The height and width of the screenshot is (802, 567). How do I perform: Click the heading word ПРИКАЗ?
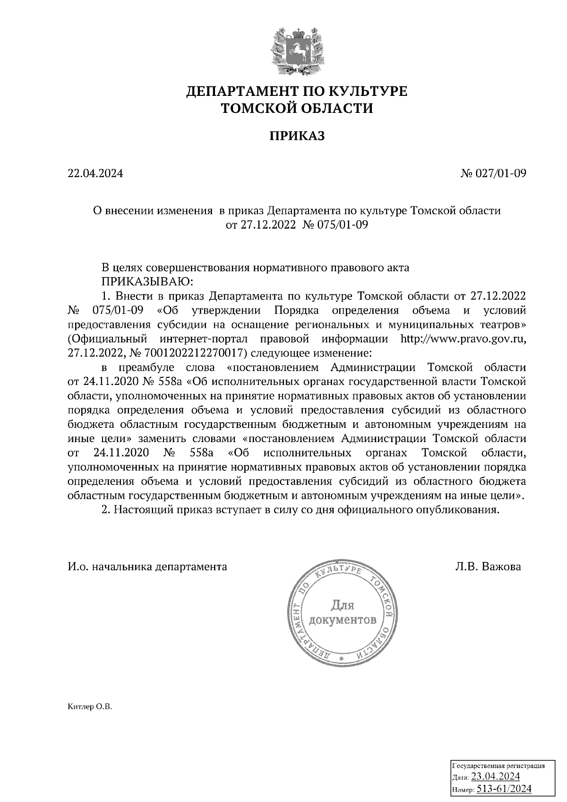[297, 136]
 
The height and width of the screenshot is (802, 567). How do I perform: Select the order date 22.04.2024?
[95, 173]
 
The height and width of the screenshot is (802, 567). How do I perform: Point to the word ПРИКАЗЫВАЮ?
[147, 282]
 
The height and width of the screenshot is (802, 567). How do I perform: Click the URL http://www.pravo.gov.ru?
[463, 339]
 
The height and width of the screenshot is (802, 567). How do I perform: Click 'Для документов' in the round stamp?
[343, 612]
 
